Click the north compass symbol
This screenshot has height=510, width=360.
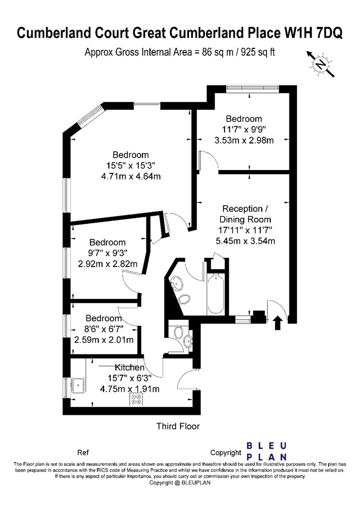(x=321, y=64)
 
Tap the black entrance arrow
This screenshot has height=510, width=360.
(x=277, y=322)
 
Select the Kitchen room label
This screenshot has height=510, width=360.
(x=130, y=368)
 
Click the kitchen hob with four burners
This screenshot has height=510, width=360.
(x=136, y=399)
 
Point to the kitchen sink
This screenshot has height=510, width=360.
(x=79, y=386)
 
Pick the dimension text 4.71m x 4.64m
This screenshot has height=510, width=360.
(x=131, y=176)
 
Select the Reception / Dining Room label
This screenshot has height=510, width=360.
(x=245, y=214)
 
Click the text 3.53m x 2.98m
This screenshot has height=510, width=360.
(x=244, y=140)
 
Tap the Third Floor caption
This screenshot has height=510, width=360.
(x=178, y=426)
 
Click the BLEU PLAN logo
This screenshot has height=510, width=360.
(x=267, y=451)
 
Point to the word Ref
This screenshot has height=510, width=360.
(x=83, y=453)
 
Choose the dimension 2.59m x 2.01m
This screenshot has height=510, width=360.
(x=104, y=340)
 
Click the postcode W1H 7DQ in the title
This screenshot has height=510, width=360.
(x=314, y=33)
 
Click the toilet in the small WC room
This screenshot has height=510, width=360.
(x=178, y=333)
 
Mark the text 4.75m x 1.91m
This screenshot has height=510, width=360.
(x=130, y=389)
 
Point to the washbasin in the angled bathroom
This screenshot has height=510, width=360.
(x=176, y=284)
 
